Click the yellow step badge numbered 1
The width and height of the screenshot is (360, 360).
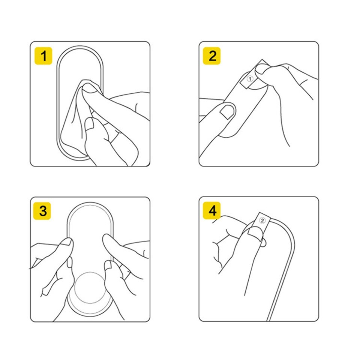click(x=43, y=56)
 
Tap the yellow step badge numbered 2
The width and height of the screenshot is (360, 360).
click(x=211, y=56)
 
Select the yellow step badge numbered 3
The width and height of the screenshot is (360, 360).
click(x=42, y=211)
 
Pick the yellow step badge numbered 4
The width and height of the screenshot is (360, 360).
click(x=211, y=210)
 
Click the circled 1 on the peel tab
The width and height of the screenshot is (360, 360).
click(x=250, y=79)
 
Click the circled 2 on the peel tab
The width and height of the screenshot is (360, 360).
click(x=262, y=220)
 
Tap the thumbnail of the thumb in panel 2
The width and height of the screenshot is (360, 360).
click(x=228, y=112)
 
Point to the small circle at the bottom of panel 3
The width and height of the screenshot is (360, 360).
click(x=90, y=288)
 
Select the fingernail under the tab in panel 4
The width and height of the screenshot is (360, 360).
click(x=255, y=233)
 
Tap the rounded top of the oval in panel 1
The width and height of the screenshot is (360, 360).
click(x=79, y=46)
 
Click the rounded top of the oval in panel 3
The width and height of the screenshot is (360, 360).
click(x=90, y=203)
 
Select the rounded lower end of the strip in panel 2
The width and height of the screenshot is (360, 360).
click(x=227, y=135)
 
